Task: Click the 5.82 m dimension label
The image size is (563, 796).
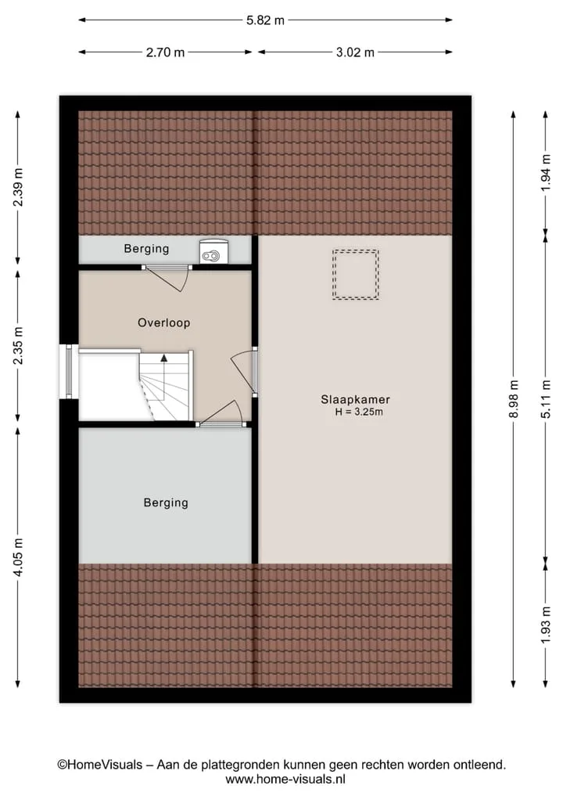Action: coord(265,21)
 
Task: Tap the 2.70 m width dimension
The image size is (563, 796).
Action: coord(165,52)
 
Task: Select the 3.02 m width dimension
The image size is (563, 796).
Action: coord(355,52)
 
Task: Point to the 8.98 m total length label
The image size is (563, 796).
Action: coord(514,398)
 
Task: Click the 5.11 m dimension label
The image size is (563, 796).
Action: coord(547,398)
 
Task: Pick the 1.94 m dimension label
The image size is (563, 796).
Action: coord(547,173)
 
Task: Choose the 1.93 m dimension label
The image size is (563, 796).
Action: coord(547,625)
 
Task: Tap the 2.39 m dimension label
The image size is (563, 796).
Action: coord(18,187)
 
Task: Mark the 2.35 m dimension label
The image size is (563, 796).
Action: coord(18,345)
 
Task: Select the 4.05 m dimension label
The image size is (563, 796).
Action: coord(18,556)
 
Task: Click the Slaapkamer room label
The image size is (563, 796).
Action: coord(355,399)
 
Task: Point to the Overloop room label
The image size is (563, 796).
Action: coord(164,323)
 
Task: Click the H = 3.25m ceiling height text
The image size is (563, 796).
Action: coord(359,412)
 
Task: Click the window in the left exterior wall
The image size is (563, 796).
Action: coord(69,371)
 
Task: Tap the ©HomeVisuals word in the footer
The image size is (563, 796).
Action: coord(99,765)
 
